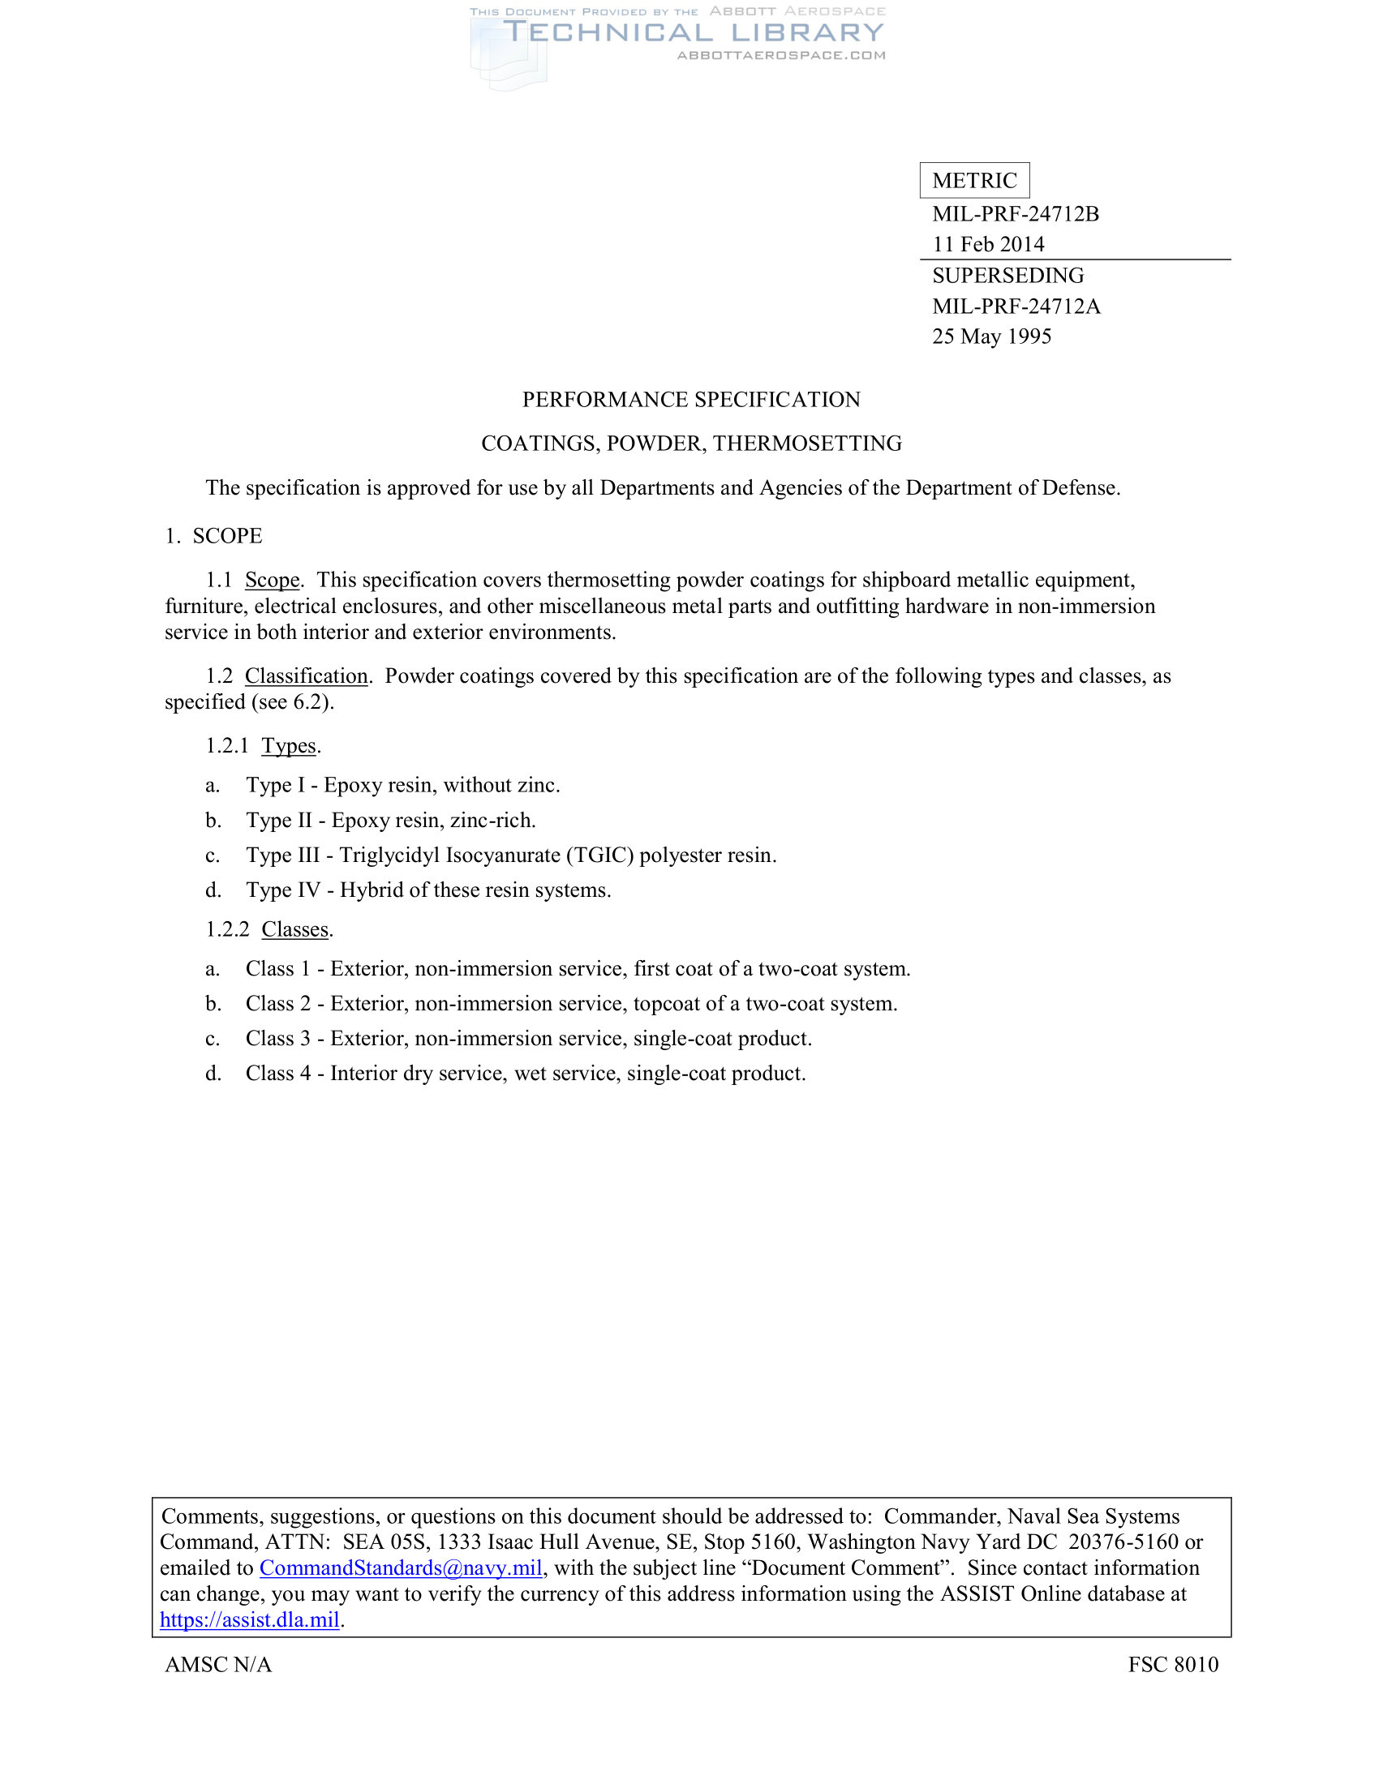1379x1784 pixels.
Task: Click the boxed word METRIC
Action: [973, 181]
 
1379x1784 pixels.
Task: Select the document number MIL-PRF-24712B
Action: [1016, 214]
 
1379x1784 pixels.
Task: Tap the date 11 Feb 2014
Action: [988, 244]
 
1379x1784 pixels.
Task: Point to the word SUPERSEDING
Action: [1007, 275]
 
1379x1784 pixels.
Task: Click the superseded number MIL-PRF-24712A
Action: [1016, 307]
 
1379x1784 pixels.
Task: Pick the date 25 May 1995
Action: [991, 337]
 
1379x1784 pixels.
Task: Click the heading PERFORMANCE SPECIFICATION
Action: [690, 400]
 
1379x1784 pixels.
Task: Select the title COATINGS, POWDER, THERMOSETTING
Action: [690, 444]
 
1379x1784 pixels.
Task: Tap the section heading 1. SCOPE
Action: [213, 536]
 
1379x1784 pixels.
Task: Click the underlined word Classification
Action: [306, 676]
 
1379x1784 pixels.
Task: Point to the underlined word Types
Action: [289, 746]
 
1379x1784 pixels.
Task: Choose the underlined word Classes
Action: [295, 929]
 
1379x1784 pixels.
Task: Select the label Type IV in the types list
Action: [282, 890]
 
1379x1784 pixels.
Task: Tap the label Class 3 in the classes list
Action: [277, 1039]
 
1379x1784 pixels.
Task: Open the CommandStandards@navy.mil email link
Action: [400, 1568]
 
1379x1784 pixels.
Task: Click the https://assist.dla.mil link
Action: [249, 1621]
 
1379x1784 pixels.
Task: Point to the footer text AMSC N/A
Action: [218, 1665]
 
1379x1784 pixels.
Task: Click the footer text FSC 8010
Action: [1172, 1665]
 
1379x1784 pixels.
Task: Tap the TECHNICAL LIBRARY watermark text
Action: [693, 32]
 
